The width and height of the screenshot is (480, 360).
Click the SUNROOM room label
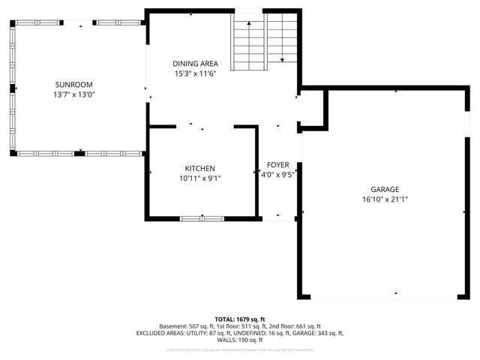[73, 85]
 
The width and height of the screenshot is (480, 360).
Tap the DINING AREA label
[195, 64]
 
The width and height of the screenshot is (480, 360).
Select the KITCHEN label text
[200, 168]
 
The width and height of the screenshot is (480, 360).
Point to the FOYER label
[277, 165]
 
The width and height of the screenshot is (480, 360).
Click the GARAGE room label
[384, 190]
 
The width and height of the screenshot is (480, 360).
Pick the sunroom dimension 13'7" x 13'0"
[73, 94]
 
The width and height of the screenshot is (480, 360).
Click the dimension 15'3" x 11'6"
[195, 73]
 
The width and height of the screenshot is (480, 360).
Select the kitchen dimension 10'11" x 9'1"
[200, 178]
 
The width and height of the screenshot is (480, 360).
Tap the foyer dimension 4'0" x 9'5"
[277, 175]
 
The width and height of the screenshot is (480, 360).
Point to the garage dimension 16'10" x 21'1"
[384, 199]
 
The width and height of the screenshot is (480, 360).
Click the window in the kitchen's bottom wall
[201, 218]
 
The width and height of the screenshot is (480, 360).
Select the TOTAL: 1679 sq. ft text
[240, 319]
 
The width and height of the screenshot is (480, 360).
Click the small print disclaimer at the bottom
[240, 349]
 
